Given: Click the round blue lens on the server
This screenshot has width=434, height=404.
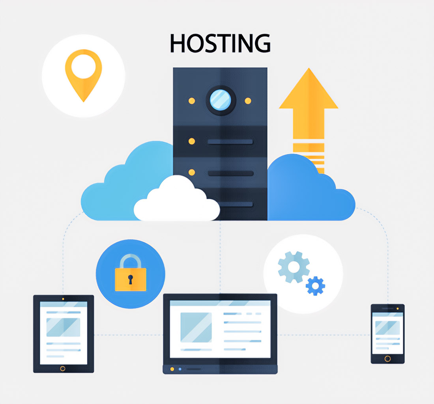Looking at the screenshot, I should point(221,100).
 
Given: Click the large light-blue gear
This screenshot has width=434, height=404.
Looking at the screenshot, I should point(294,267).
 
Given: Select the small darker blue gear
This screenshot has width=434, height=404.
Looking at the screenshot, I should point(316,286).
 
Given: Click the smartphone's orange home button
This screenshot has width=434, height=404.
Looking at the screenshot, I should point(387,359).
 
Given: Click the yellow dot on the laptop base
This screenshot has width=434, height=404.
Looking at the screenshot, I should point(172,369).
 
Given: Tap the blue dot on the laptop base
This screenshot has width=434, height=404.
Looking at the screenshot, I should point(180,369).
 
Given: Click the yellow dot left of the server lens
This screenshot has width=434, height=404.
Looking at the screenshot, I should point(192,101).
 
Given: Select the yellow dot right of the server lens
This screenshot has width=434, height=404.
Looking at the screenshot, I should point(248,101).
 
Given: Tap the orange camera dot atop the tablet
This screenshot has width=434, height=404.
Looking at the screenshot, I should point(63,299).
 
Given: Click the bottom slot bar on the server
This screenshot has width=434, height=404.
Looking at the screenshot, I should point(230,204).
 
